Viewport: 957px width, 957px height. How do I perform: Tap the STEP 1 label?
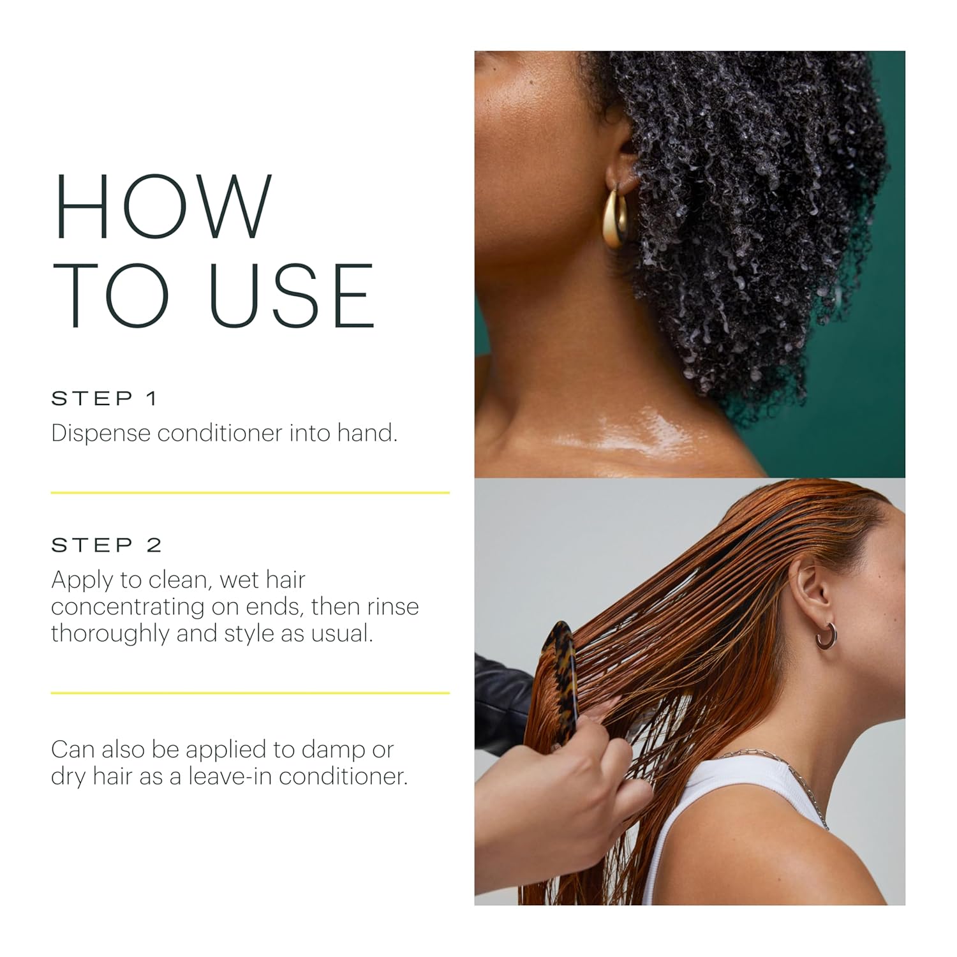104,399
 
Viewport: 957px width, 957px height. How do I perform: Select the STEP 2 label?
107,545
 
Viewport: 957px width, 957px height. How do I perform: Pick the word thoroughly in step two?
110,634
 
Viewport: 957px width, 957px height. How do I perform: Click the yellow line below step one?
250,493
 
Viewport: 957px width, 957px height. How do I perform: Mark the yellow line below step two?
250,692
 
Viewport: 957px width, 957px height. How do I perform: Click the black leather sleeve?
501,702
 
